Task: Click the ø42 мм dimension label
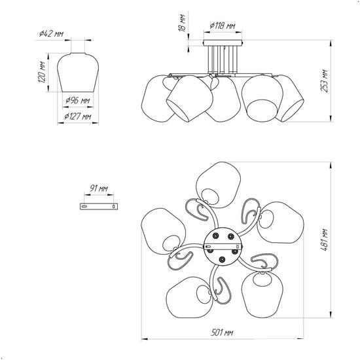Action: tap(51, 34)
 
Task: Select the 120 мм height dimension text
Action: tap(41, 72)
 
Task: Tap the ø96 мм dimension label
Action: tap(78, 100)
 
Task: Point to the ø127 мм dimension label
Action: tap(78, 117)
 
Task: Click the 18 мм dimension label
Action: tap(182, 23)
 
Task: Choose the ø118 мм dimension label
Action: tap(223, 26)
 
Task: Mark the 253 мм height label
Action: tap(324, 81)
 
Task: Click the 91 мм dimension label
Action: tap(99, 189)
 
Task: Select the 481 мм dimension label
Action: tap(324, 240)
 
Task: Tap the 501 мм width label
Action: tap(222, 333)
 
